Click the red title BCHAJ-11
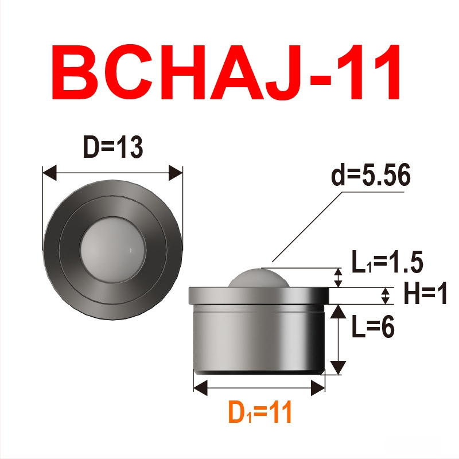pyautogui.click(x=226, y=72)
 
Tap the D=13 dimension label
pyautogui.click(x=113, y=147)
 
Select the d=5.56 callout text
pyautogui.click(x=371, y=175)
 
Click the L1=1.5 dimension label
pyautogui.click(x=387, y=262)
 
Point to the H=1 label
pyautogui.click(x=425, y=293)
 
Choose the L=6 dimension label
pyautogui.click(x=373, y=326)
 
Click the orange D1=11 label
pyautogui.click(x=260, y=412)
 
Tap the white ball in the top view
pyautogui.click(x=112, y=250)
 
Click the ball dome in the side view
pyautogui.click(x=257, y=278)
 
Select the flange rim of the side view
pyautogui.click(x=259, y=296)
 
